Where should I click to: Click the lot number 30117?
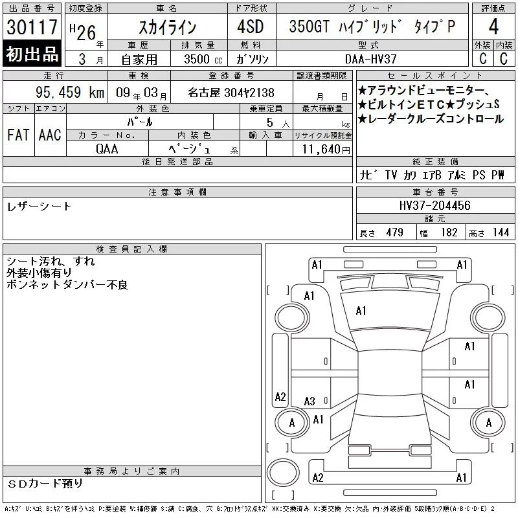pos(32,27)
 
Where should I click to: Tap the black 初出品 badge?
pos(32,54)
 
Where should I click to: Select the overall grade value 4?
pos(493,27)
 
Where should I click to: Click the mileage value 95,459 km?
pos(70,92)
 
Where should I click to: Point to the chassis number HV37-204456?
pos(434,205)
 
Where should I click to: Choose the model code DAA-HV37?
pos(370,59)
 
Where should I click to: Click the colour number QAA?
pos(107,149)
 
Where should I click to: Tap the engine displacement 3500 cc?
pos(203,59)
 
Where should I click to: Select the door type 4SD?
pos(251,27)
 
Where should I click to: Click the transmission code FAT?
pos(18,135)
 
